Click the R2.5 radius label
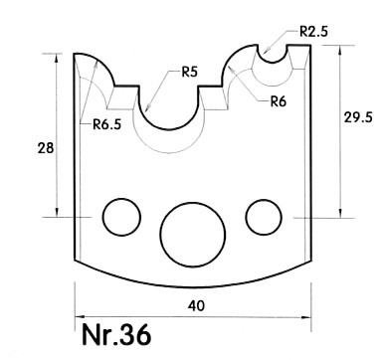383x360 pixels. [313, 32]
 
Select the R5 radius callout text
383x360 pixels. [189, 72]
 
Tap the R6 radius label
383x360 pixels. [278, 101]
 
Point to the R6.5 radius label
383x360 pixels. [106, 124]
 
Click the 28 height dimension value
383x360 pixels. [46, 148]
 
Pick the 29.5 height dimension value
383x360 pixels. [358, 117]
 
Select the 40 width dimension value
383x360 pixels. [196, 305]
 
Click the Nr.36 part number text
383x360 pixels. [116, 335]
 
